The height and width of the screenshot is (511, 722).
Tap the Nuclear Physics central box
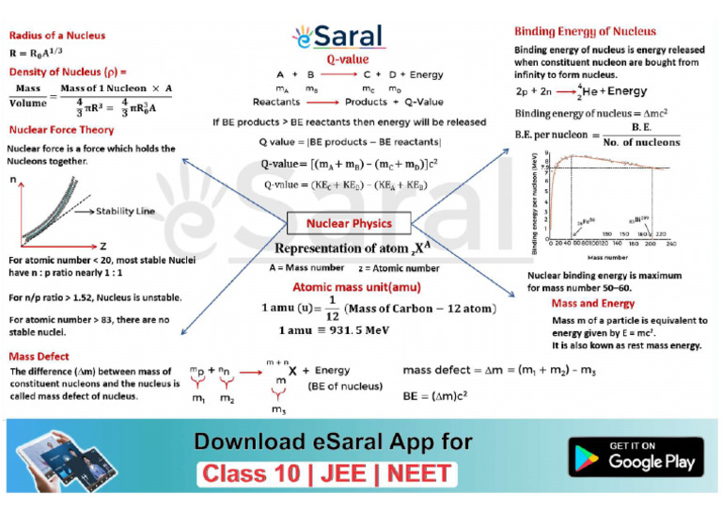(x=349, y=224)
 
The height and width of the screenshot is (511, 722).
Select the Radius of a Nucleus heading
(x=57, y=36)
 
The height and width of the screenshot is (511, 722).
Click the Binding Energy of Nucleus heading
(x=585, y=31)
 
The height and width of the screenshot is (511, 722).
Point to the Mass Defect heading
(x=39, y=357)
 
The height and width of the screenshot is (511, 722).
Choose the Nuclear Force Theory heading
(x=61, y=130)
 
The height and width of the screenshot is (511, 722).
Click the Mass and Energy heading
(x=592, y=304)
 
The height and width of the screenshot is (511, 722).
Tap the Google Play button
(x=636, y=456)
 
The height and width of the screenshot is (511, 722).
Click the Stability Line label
(x=126, y=212)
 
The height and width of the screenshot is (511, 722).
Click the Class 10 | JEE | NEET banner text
(x=327, y=473)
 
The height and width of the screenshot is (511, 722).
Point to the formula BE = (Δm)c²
(x=434, y=395)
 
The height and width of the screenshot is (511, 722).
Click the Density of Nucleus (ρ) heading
(x=68, y=72)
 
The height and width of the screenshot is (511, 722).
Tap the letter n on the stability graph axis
(x=13, y=179)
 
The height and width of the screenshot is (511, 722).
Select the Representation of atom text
(x=348, y=249)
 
